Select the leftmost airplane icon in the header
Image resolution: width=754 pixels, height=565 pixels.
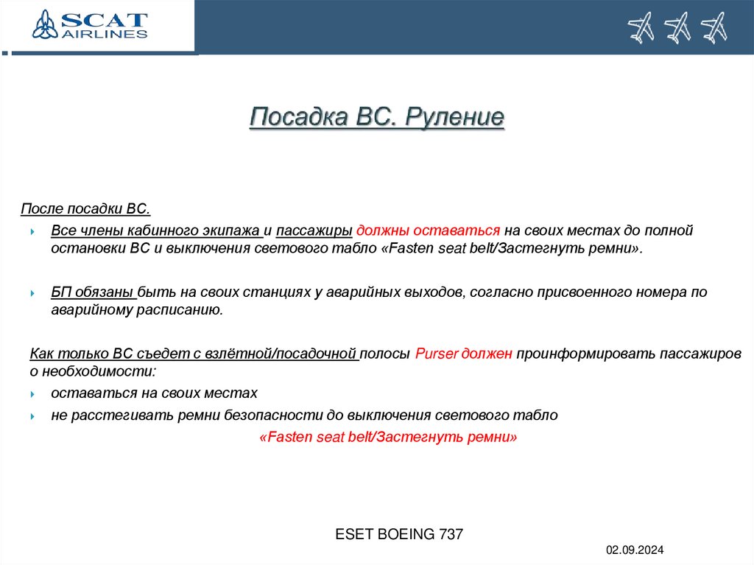[x=641, y=28]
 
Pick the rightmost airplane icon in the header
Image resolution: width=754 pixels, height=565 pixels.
[x=714, y=28]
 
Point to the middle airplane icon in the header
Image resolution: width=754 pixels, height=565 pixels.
[x=677, y=28]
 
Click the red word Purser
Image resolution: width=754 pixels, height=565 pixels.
[x=437, y=354]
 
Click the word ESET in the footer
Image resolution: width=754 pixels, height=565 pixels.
[x=354, y=534]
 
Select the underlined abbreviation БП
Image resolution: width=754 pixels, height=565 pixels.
[x=60, y=292]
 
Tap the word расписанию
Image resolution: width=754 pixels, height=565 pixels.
[x=177, y=310]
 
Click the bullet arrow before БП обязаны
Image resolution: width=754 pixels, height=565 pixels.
[x=33, y=293]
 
